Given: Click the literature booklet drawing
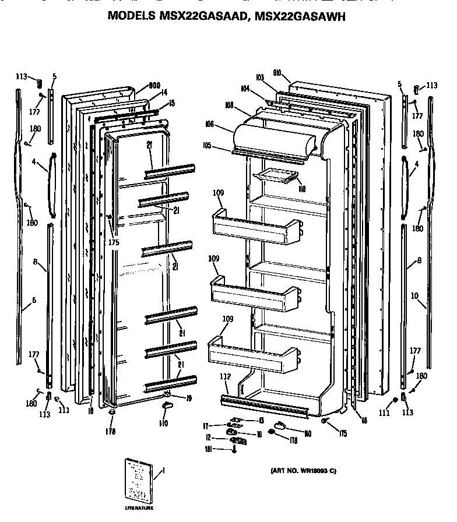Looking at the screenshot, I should coord(138,481).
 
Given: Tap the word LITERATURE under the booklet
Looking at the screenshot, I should coord(139,509).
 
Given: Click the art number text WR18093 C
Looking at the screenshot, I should coord(303,471).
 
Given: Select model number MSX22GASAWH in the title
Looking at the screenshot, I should coord(299,17).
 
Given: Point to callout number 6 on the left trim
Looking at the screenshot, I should coord(34,299).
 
